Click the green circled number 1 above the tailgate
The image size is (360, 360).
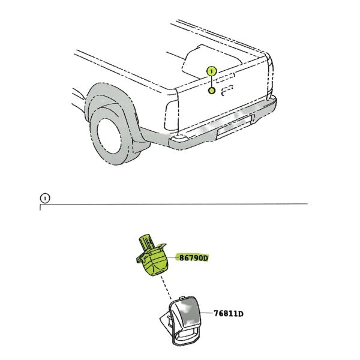click(211, 71)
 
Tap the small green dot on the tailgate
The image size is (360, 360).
click(211, 91)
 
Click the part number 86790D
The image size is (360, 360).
click(193, 258)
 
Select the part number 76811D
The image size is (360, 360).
click(229, 313)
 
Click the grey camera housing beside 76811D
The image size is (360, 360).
click(181, 321)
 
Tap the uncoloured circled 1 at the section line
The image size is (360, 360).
click(45, 198)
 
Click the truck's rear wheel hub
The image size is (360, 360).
click(109, 136)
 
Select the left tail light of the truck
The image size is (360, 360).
click(172, 115)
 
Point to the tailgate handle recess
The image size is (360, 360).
click(227, 91)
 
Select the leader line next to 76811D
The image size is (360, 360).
click(206, 313)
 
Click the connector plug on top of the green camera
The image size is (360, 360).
click(147, 242)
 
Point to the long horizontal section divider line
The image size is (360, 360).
click(174, 203)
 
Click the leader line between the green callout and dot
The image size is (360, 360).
click(211, 82)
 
